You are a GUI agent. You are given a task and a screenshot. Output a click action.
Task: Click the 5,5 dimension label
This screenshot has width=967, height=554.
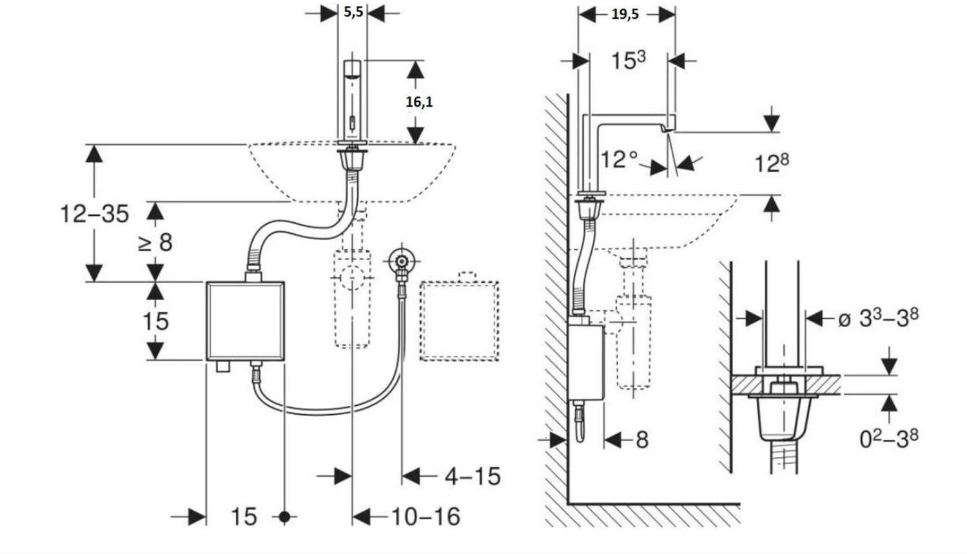tap(353, 12)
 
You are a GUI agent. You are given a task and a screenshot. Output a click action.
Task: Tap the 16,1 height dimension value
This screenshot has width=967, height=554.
tap(419, 102)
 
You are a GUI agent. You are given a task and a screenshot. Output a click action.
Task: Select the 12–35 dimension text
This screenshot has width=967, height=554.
tap(95, 214)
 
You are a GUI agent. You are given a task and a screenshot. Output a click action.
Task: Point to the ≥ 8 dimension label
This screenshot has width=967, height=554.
tap(155, 242)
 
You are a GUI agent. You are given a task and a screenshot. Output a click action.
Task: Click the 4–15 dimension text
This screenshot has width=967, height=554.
tap(473, 476)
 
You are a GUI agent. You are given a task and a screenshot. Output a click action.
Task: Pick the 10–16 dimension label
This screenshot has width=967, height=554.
tap(425, 517)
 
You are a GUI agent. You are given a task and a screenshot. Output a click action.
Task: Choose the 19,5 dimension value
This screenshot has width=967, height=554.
tap(625, 14)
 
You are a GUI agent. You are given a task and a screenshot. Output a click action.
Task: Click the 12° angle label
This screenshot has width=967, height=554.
tap(619, 159)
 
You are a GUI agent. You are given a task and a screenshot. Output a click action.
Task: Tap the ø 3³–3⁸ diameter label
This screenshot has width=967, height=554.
tap(879, 318)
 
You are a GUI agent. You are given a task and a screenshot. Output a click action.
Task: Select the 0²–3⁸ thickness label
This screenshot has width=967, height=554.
tap(889, 438)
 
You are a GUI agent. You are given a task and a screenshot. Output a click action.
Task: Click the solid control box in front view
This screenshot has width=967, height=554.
tap(245, 321)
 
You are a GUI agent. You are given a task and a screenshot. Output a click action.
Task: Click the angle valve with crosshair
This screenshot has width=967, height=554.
tap(402, 262)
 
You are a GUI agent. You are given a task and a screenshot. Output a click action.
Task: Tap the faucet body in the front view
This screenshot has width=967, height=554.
tap(352, 100)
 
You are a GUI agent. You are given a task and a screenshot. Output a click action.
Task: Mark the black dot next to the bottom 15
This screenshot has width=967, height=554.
tap(284, 517)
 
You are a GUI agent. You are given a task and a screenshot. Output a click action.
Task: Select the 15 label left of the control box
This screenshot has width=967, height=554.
tap(155, 321)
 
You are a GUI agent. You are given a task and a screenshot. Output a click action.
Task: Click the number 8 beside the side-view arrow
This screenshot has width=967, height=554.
tap(642, 440)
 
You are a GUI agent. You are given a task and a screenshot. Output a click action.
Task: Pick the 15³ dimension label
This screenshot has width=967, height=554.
tap(629, 60)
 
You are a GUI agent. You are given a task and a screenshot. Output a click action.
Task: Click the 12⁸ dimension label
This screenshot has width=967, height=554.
tap(772, 163)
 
